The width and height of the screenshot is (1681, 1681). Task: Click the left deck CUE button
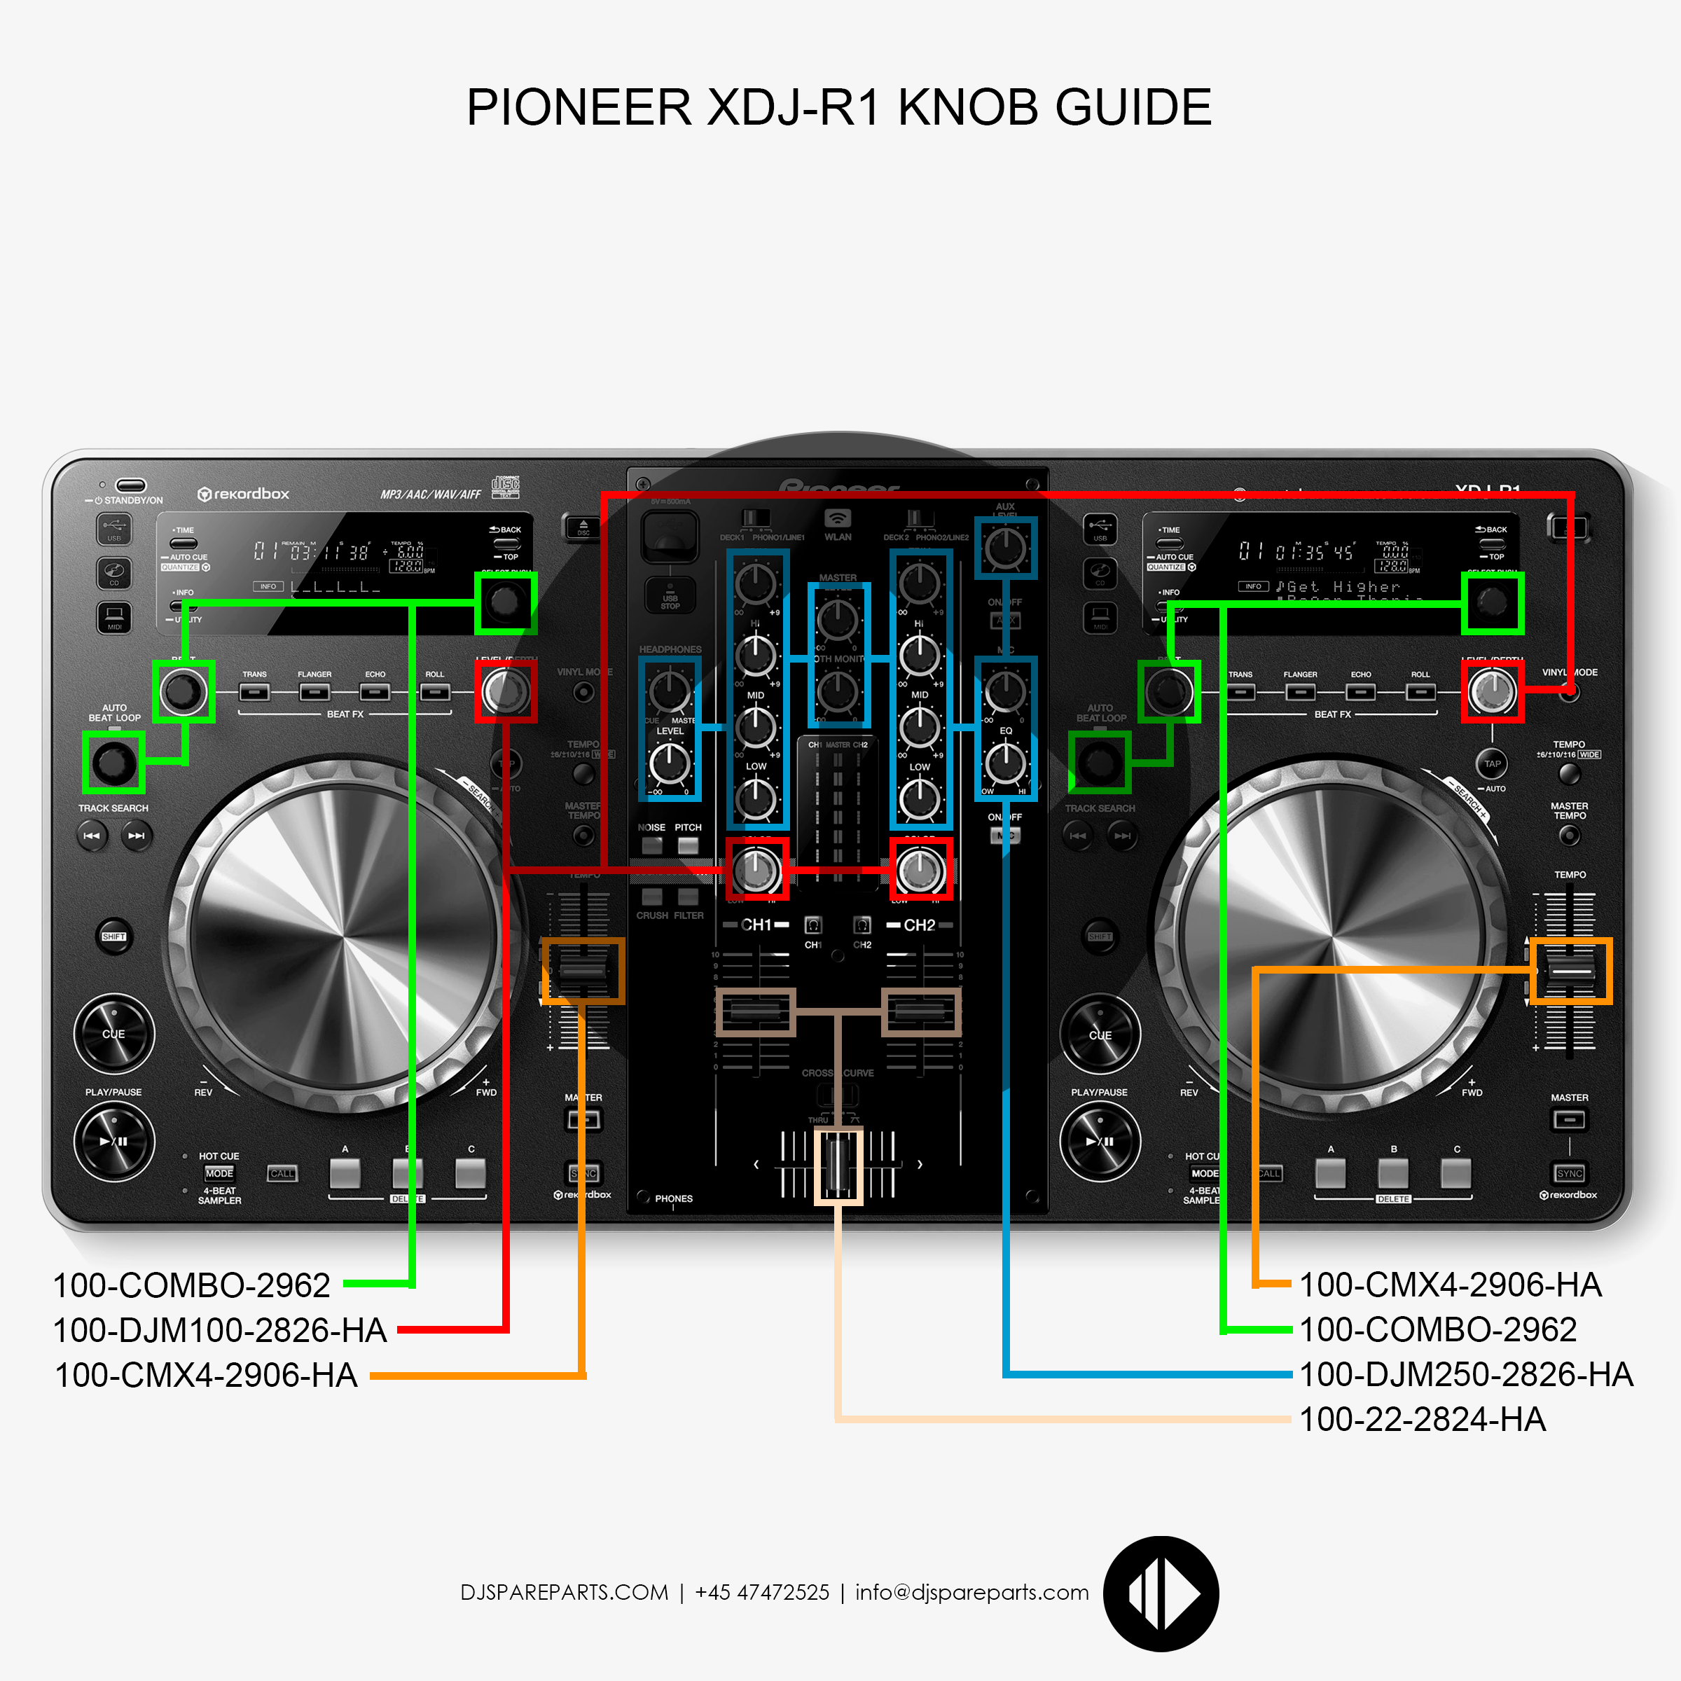pos(114,1034)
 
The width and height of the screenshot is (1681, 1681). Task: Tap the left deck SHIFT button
pos(114,936)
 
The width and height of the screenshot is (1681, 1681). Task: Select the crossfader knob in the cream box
pos(838,1166)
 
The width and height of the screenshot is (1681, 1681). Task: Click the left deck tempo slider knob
pos(583,971)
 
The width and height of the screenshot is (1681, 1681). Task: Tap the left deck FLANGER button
pos(314,692)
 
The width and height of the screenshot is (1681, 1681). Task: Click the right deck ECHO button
pos(1361,692)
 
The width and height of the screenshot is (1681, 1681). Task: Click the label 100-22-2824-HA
pos(1422,1420)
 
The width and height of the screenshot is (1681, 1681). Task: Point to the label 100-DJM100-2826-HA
pos(219,1330)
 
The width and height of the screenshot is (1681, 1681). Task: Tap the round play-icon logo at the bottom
pos(1161,1594)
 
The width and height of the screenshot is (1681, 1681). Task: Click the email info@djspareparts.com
pos(972,1592)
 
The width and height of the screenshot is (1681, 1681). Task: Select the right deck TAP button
pos(1492,763)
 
